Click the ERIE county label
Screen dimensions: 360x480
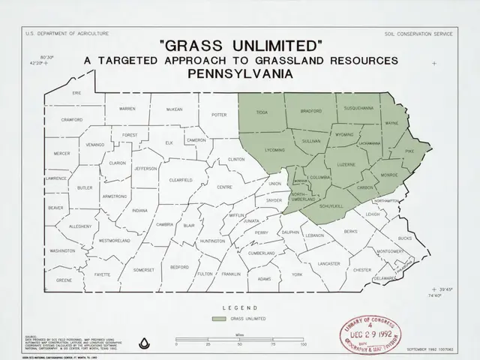tap(76, 93)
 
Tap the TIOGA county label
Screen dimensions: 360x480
tap(262, 112)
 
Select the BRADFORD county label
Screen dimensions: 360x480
tap(310, 111)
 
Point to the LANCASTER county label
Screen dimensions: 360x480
tap(328, 264)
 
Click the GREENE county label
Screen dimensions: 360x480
tap(64, 280)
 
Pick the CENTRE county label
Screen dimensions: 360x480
tap(224, 187)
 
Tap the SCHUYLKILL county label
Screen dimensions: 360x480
tap(331, 205)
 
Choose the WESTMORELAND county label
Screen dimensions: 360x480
tap(115, 241)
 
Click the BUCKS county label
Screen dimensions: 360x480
tap(405, 238)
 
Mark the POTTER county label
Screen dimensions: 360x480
tap(219, 115)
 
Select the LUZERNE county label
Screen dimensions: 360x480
tap(346, 164)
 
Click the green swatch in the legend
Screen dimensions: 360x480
tap(218, 319)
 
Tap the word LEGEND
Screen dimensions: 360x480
tap(240, 307)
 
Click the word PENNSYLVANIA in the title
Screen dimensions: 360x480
tap(240, 75)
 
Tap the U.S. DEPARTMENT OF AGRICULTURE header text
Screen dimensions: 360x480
tap(67, 34)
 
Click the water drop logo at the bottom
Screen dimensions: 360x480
tap(144, 343)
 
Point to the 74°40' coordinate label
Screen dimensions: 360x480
tap(435, 296)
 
